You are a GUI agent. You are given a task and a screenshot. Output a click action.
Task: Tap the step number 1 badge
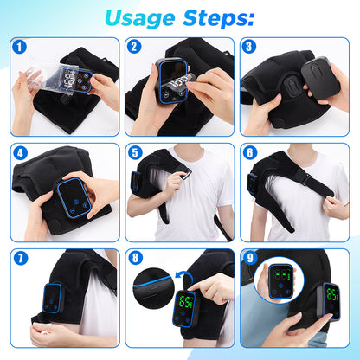(x=20, y=47)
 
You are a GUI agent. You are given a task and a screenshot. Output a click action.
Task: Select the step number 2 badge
(x=134, y=47)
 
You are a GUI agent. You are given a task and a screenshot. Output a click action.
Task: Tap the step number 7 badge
(x=20, y=258)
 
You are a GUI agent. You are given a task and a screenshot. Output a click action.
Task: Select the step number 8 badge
(x=134, y=258)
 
